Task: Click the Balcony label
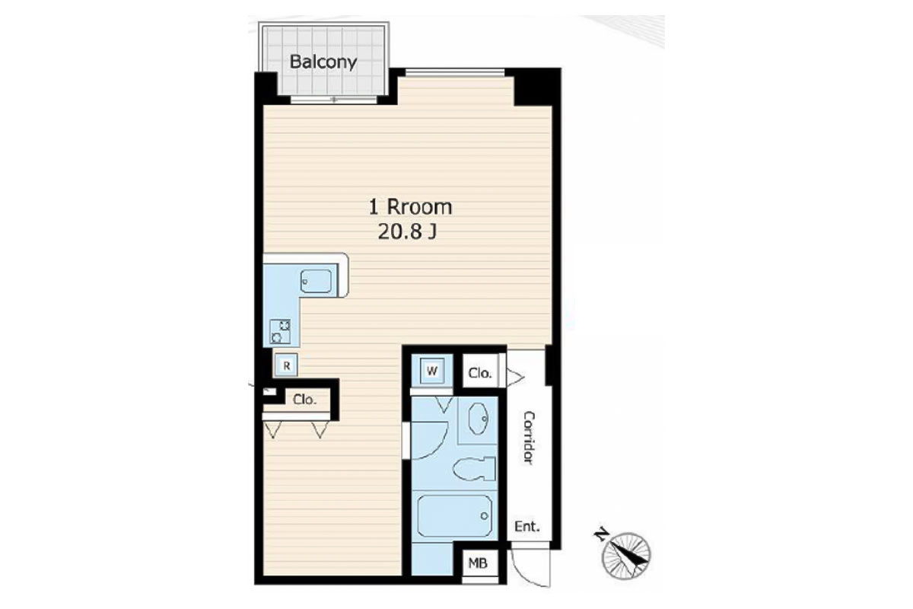pos(323,62)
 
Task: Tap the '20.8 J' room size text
pos(407,232)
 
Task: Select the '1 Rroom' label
pos(410,207)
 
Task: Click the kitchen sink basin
pos(316,281)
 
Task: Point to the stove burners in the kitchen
pos(281,331)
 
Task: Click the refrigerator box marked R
pos(287,365)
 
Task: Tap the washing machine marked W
pos(431,371)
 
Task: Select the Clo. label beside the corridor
pos(480,373)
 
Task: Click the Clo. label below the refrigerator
pos(304,400)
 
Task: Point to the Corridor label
pos(529,437)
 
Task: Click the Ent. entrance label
pos(527,527)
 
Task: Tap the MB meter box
pos(478,564)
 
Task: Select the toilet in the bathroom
pos(474,469)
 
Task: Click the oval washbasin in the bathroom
pos(479,419)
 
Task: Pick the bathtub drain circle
pos(484,516)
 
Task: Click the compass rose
pos(626,556)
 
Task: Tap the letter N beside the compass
pos(601,534)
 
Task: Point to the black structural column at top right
pos(533,87)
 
